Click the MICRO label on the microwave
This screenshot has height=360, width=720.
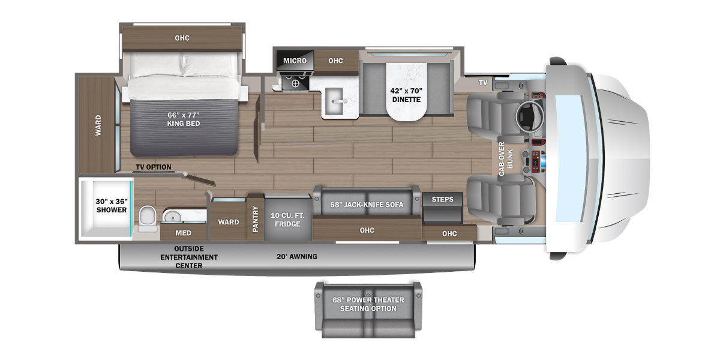[295, 61]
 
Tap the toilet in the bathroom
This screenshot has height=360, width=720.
[148, 219]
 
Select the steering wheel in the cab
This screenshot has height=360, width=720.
[529, 116]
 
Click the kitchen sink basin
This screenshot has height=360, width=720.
[334, 101]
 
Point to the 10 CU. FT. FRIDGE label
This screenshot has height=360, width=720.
[287, 220]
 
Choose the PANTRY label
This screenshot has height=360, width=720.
[255, 219]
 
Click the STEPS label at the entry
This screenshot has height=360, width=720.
[442, 200]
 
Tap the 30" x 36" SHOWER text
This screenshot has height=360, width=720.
[112, 206]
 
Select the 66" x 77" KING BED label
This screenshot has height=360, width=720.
[184, 119]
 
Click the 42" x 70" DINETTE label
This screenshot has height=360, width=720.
[406, 95]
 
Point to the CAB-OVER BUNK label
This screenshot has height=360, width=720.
[506, 159]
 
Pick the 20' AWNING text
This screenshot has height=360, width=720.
[296, 257]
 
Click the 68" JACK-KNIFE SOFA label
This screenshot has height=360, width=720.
[367, 205]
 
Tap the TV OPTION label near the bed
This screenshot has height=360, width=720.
[154, 167]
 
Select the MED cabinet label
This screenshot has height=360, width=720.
[183, 233]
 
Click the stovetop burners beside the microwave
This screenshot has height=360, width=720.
[295, 82]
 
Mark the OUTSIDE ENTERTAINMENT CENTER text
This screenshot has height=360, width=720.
[189, 257]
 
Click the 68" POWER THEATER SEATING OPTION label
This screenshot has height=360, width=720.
[368, 304]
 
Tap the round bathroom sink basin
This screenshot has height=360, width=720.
[173, 216]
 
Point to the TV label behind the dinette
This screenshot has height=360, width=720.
[483, 83]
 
